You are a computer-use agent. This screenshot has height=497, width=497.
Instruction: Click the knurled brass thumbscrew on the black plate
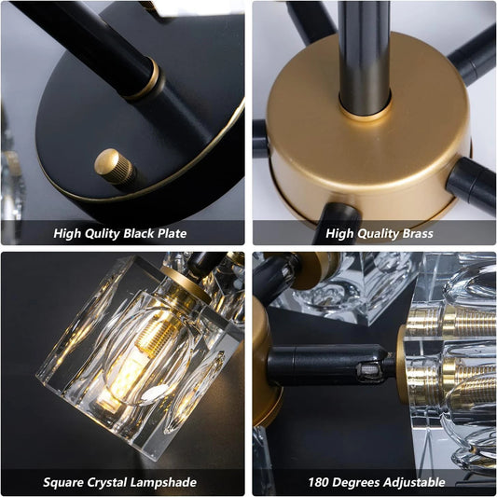[115, 167]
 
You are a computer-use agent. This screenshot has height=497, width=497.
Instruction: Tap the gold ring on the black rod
[145, 80]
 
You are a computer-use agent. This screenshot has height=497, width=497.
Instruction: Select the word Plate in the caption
[173, 234]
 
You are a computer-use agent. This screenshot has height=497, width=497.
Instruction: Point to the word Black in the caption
[139, 234]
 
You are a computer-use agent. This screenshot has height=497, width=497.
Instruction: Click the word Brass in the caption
[418, 234]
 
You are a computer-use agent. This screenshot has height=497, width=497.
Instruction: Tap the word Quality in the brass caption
[377, 234]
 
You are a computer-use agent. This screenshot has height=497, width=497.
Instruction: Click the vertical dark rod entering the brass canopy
[365, 57]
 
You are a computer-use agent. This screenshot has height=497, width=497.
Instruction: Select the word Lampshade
[163, 483]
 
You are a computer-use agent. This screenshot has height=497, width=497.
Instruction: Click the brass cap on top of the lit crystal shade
[187, 284]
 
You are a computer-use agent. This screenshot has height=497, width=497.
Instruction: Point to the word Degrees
[356, 483]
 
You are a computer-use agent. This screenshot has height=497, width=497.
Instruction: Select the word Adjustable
[414, 483]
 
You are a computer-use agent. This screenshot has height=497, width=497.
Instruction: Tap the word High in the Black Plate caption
[64, 234]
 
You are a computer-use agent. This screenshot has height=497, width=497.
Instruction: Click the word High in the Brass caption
[339, 234]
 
